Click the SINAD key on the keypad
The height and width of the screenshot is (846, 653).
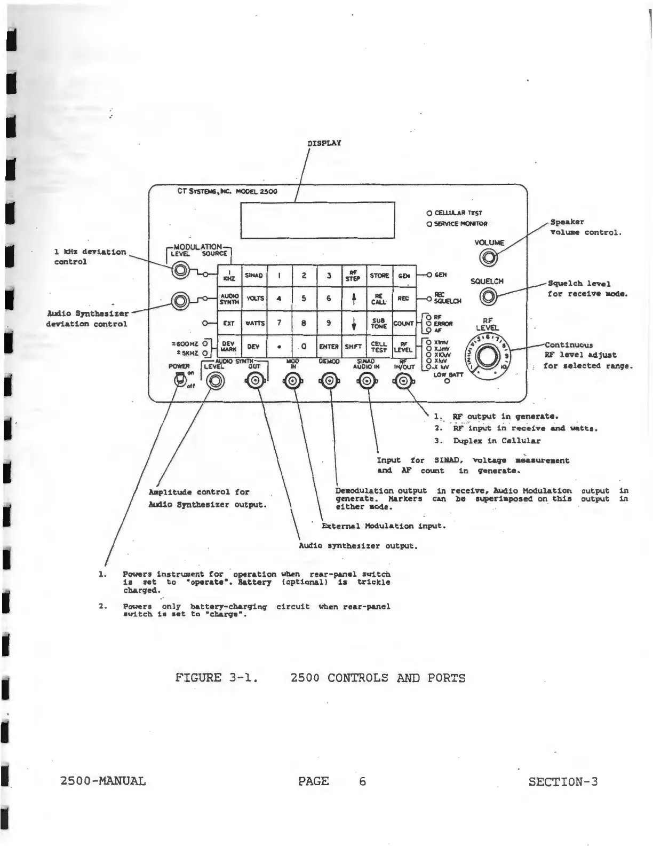point(254,276)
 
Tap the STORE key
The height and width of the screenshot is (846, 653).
point(379,276)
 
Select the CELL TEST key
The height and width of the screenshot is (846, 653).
point(379,347)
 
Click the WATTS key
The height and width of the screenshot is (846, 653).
point(254,323)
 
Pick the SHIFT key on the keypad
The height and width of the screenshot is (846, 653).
point(354,347)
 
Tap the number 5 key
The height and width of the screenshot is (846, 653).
point(304,299)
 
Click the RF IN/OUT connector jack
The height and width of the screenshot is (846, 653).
point(404,381)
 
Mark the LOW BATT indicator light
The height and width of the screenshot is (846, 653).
point(448,381)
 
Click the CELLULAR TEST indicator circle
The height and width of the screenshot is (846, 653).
point(429,212)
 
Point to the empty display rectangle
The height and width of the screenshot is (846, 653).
point(318,220)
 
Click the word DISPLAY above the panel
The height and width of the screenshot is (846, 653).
point(324,143)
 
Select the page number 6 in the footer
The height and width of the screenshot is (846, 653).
point(362,781)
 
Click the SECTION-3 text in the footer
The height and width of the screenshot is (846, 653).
point(563,782)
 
